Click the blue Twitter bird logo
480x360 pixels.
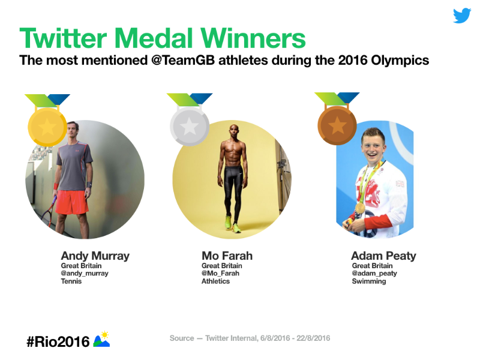point(462,16)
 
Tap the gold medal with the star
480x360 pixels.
point(47,127)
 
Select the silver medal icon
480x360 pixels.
point(190,126)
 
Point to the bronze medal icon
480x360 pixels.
point(337,125)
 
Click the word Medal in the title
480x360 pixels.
point(155,38)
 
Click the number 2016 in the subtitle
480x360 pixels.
point(353,61)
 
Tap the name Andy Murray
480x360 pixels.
point(95,256)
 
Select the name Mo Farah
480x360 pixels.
point(227,256)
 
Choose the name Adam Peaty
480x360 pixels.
point(383,256)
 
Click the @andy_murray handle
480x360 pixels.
point(85,274)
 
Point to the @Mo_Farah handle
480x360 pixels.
point(220,274)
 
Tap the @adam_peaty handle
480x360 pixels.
point(374,274)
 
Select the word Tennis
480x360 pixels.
point(71,281)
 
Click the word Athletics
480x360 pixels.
point(215,281)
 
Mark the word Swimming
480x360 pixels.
point(369,281)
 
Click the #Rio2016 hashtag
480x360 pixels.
point(58,341)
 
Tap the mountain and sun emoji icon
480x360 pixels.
point(101,339)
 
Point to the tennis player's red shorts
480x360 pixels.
point(72,202)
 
